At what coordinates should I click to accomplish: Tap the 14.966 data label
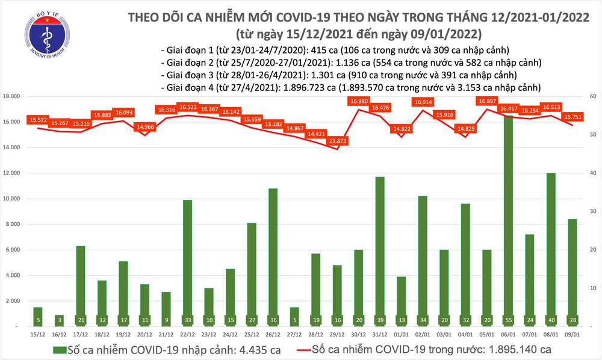144,126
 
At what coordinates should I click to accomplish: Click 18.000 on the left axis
12,96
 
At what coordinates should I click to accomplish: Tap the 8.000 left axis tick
13,225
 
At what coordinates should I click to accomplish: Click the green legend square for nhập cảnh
58,349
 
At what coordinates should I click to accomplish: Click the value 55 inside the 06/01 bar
509,319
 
